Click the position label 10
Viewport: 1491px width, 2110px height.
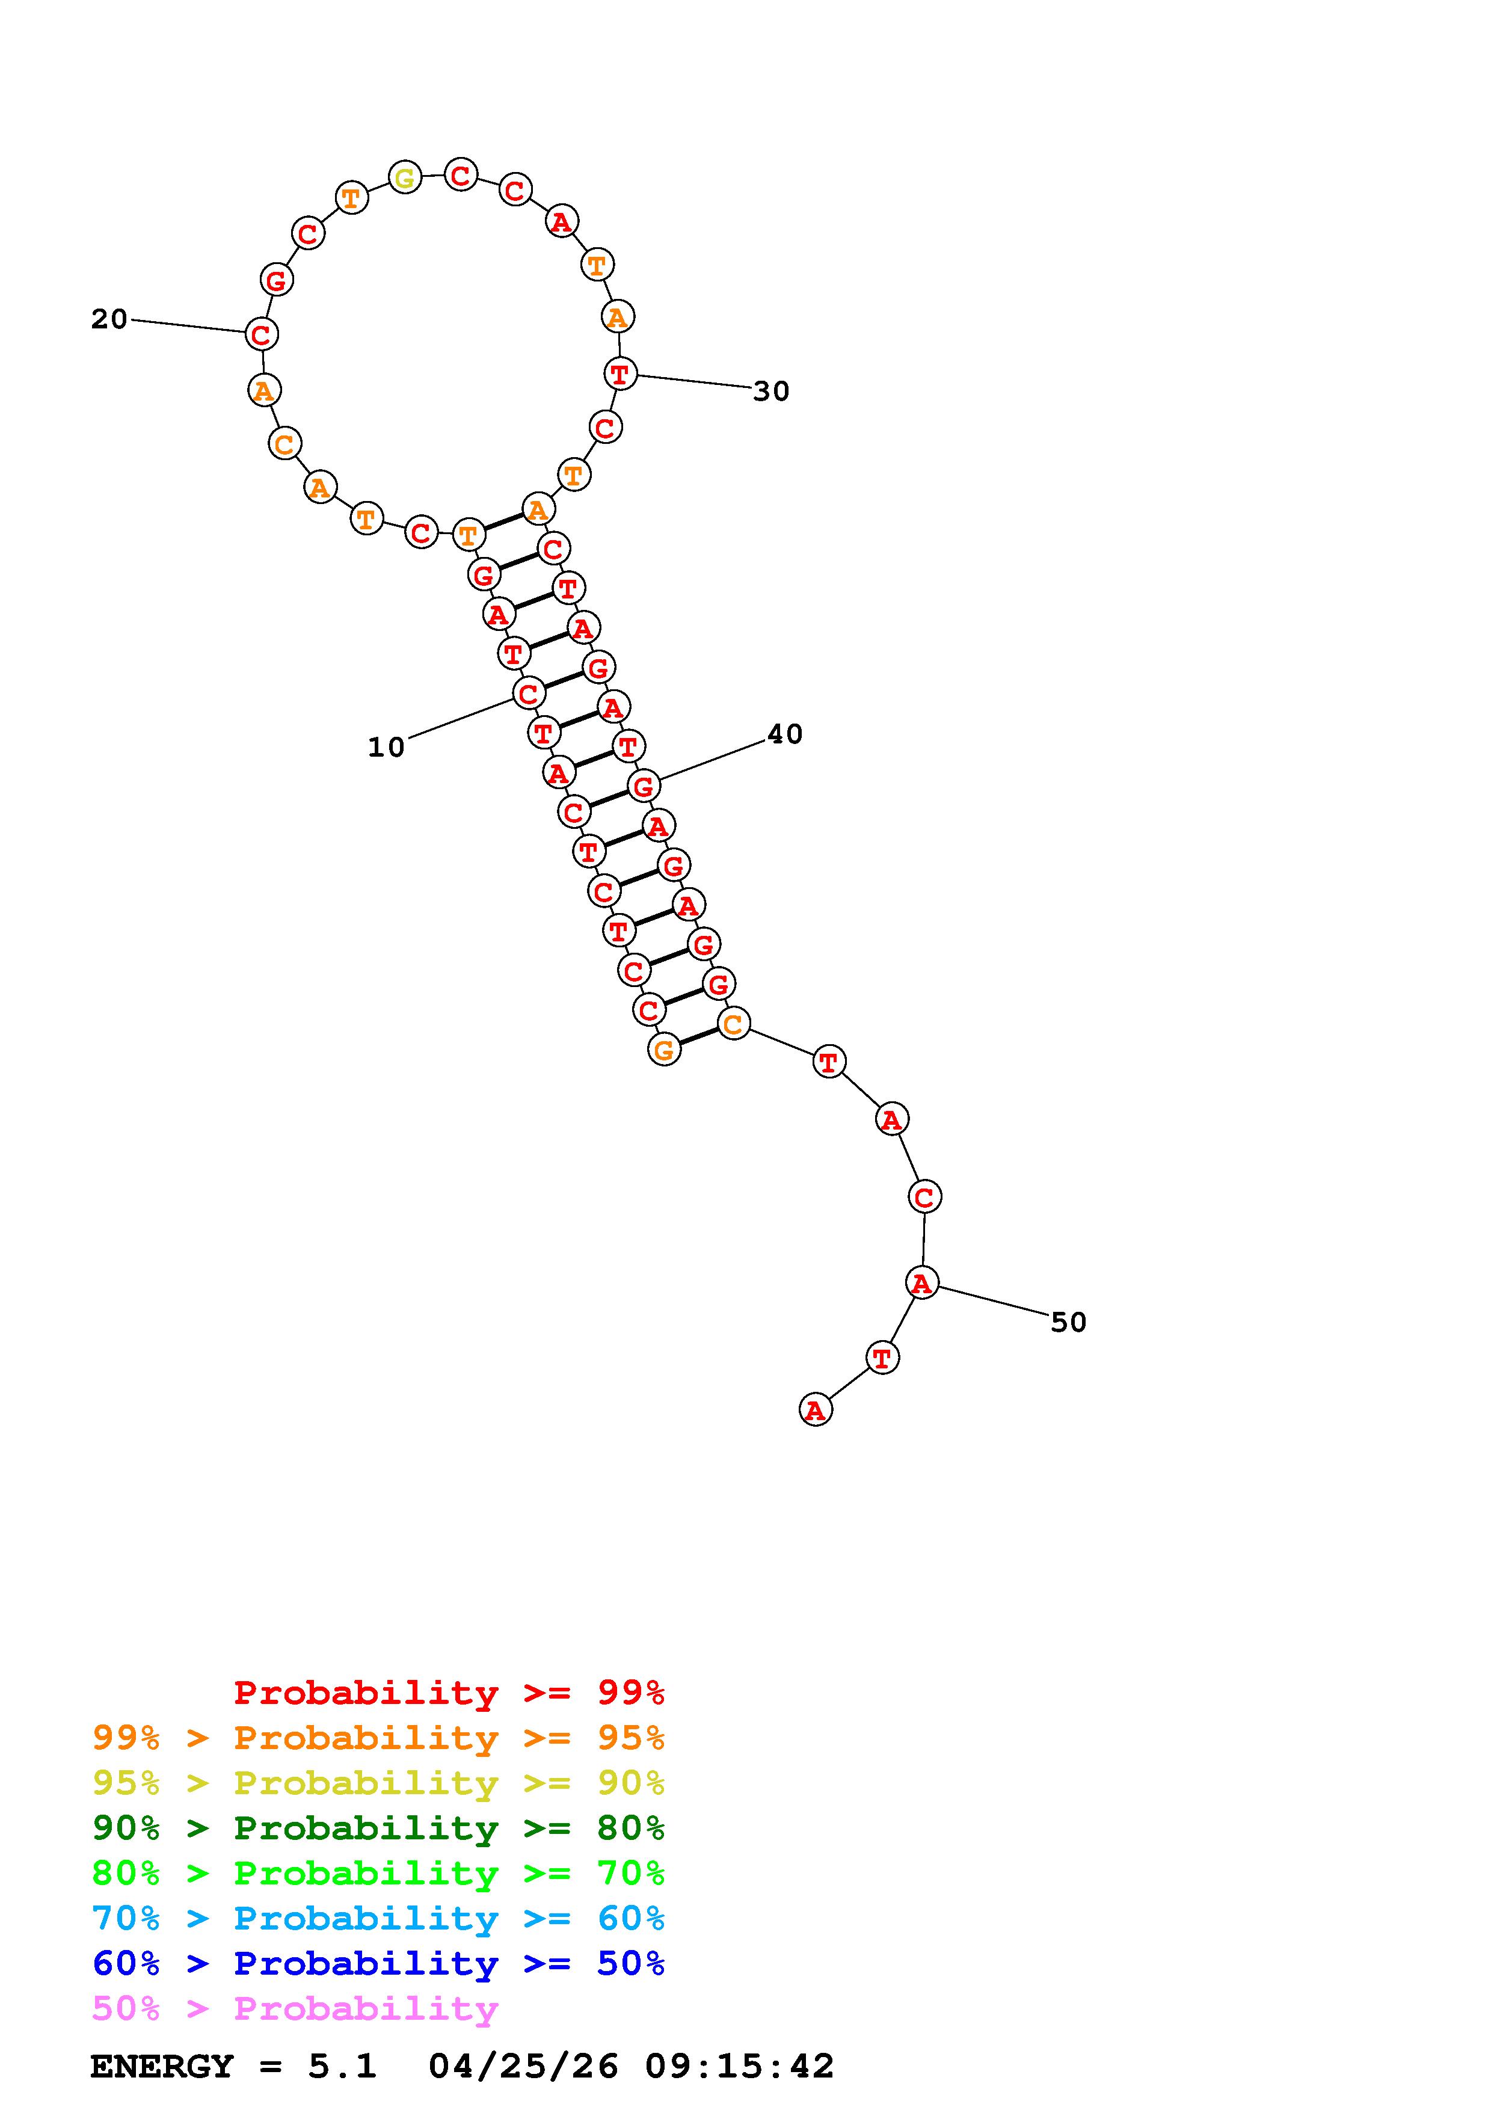coord(386,747)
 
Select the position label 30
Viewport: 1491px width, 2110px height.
coord(771,392)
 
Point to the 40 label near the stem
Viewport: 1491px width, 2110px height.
coord(784,734)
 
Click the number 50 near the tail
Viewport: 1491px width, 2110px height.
coord(1068,1323)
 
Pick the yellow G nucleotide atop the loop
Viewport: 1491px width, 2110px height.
coord(405,177)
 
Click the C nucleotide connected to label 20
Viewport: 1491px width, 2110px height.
coord(262,334)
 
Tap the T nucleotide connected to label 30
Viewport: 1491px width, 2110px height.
coord(620,374)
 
